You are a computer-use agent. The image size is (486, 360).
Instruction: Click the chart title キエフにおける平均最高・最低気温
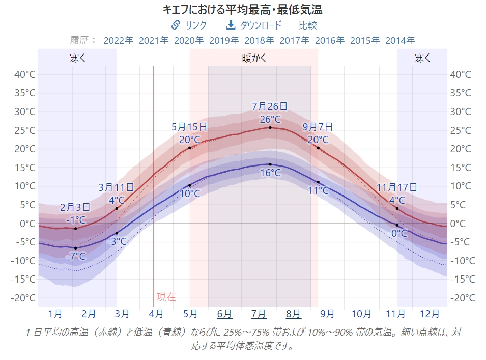click(242, 9)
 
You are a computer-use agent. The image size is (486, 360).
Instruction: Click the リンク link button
click(189, 25)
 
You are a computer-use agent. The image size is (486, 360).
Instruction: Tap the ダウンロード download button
click(253, 25)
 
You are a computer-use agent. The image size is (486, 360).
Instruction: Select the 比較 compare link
click(307, 25)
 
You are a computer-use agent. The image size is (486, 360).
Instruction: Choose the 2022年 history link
click(118, 40)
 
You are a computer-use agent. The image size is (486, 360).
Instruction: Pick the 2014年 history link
click(400, 40)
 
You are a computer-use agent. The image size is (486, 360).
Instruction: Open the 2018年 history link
click(259, 40)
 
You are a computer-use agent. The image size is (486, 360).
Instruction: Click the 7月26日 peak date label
click(270, 106)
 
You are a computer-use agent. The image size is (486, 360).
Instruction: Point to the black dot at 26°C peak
click(270, 127)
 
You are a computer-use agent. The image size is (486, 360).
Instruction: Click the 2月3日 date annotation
click(75, 207)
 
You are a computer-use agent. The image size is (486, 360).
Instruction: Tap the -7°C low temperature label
click(76, 256)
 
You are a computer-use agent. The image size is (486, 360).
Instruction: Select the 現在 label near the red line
click(166, 297)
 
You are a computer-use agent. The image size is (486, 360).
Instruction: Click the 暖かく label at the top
click(254, 58)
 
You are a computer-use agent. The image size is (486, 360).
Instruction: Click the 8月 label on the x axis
click(293, 313)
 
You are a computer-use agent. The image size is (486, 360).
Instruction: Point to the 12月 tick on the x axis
click(430, 313)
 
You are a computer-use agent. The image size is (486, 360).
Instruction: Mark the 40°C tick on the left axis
click(24, 74)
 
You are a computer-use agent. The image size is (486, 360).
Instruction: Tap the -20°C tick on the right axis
click(461, 298)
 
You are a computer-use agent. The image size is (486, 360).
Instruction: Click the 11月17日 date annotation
click(396, 188)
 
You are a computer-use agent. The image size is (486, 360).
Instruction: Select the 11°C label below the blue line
click(319, 191)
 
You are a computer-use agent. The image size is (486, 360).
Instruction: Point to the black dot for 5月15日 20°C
click(190, 148)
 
